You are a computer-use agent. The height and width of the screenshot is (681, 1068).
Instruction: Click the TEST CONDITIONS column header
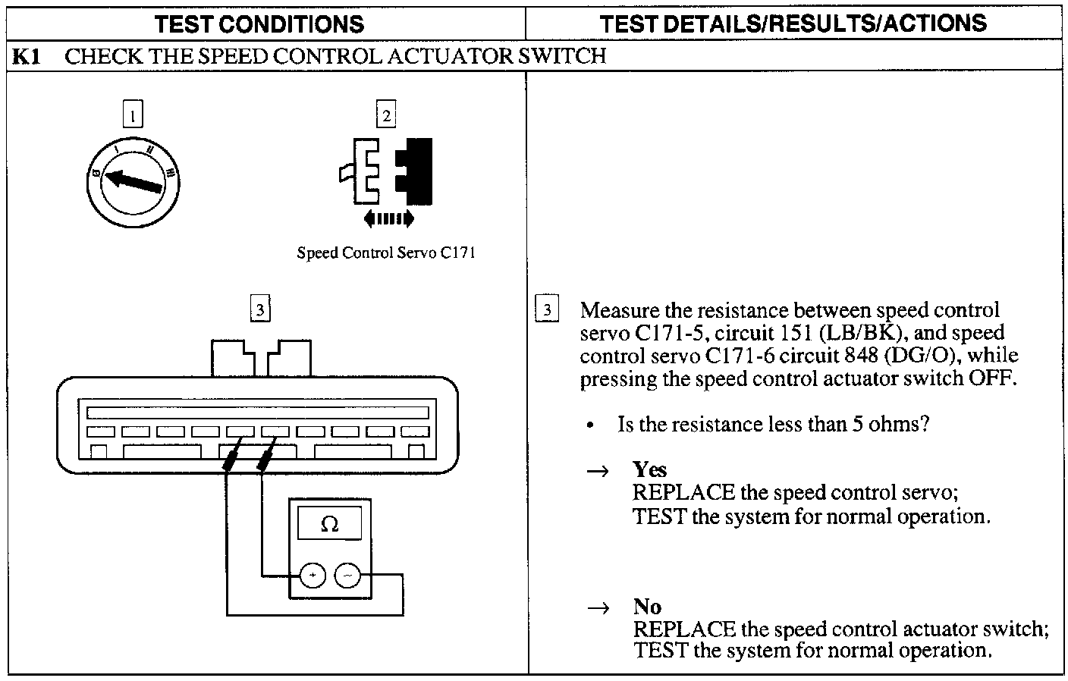pyautogui.click(x=259, y=24)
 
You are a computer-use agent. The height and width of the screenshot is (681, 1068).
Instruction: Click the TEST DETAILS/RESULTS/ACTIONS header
pyautogui.click(x=793, y=24)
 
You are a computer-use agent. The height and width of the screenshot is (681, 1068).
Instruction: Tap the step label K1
pyautogui.click(x=27, y=57)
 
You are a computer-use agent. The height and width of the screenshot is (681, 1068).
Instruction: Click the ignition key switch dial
pyautogui.click(x=133, y=180)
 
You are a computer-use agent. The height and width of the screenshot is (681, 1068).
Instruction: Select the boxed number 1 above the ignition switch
pyautogui.click(x=133, y=116)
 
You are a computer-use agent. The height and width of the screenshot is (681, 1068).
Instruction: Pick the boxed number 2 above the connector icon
pyautogui.click(x=387, y=116)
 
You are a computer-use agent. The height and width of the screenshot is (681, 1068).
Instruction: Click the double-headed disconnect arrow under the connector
pyautogui.click(x=389, y=219)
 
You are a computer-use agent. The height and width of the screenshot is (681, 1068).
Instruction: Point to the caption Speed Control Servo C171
pyautogui.click(x=386, y=253)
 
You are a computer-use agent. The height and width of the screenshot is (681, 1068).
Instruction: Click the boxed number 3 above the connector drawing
pyautogui.click(x=260, y=309)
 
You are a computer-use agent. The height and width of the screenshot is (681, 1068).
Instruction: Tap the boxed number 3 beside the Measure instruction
pyautogui.click(x=547, y=310)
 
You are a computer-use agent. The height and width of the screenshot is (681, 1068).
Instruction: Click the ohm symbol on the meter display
pyautogui.click(x=330, y=524)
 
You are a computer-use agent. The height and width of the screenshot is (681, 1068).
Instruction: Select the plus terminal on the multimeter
pyautogui.click(x=313, y=576)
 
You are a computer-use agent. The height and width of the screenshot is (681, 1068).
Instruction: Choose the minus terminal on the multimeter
pyautogui.click(x=347, y=576)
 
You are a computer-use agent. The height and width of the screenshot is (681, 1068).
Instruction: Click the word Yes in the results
pyautogui.click(x=650, y=469)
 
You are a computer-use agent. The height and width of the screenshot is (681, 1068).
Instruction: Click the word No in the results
pyautogui.click(x=647, y=607)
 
